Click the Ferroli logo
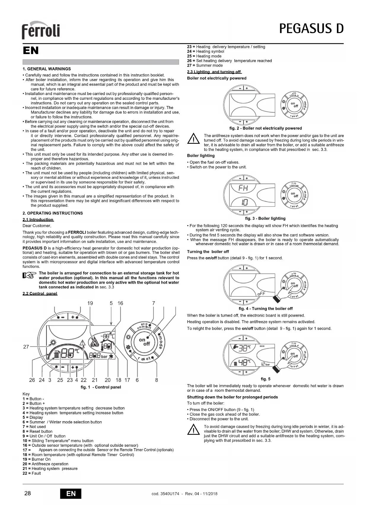(41, 30)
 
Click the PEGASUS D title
(311, 29)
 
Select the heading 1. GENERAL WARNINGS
(47, 69)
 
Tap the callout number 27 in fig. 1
(26, 347)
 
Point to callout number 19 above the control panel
(90, 303)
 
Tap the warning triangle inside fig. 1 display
(83, 343)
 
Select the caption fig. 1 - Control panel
(101, 387)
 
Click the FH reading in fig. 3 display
(243, 188)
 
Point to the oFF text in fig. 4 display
(261, 293)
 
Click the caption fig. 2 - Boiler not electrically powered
(265, 128)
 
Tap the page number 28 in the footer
(27, 493)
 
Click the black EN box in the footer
(71, 494)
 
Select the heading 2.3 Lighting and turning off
(214, 72)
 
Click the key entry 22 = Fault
(32, 473)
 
